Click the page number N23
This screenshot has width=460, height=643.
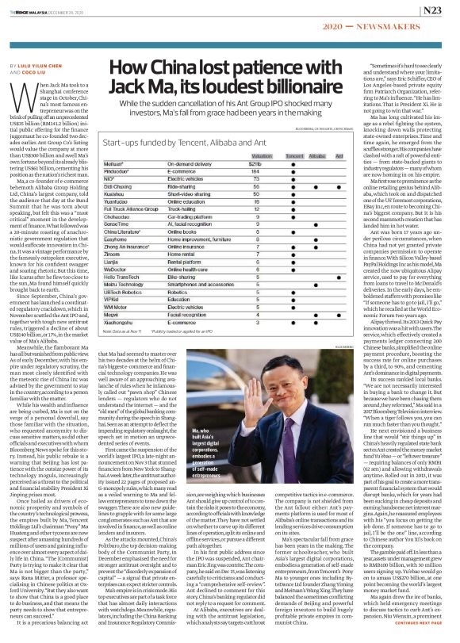[x=434, y=10]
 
